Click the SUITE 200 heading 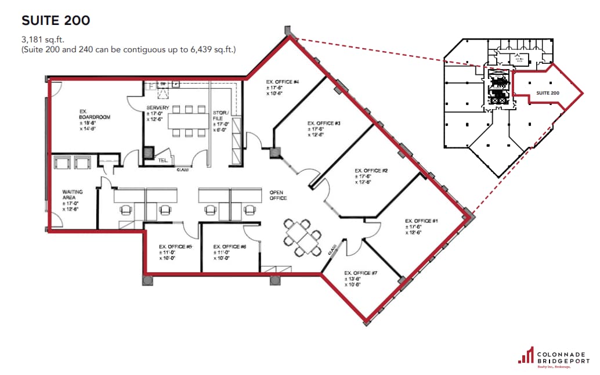pyautogui.click(x=56, y=21)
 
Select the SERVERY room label pyautogui.click(x=158, y=108)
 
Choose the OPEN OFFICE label pyautogui.click(x=277, y=194)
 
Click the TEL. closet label pyautogui.click(x=164, y=160)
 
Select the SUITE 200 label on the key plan pyautogui.click(x=547, y=93)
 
